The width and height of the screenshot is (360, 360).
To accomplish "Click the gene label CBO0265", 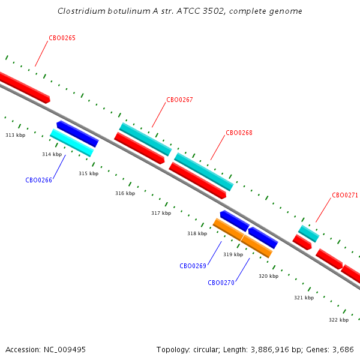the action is click(x=62, y=38).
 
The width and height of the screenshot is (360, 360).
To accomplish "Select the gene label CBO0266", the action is click(x=38, y=180).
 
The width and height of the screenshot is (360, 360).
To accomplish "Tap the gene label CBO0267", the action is click(x=179, y=100).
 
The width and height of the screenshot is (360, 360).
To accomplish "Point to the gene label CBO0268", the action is click(x=239, y=133).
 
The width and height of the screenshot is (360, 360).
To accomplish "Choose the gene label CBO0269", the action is click(x=193, y=266).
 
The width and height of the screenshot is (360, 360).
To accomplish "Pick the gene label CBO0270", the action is click(x=221, y=283).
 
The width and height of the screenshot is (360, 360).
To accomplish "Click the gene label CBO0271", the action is click(x=345, y=195).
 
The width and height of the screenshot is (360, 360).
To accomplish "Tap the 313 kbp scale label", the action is click(x=16, y=135).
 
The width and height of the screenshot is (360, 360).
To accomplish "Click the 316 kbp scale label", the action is click(x=125, y=193).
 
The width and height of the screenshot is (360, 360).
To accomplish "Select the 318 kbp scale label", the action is click(x=197, y=233).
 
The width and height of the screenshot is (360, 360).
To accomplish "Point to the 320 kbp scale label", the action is click(x=269, y=276).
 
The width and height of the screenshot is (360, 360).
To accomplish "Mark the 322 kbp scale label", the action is click(x=338, y=320).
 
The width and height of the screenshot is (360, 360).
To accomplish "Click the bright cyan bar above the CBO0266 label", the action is click(x=72, y=143).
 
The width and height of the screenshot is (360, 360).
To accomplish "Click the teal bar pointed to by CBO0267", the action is click(x=146, y=139).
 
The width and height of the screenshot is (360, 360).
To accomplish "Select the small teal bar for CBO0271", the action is click(x=309, y=234).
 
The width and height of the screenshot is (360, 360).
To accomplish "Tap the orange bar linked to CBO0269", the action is click(x=228, y=229).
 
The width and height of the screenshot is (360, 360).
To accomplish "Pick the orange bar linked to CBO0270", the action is click(x=257, y=247).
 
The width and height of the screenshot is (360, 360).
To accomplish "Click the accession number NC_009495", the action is click(x=65, y=350).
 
